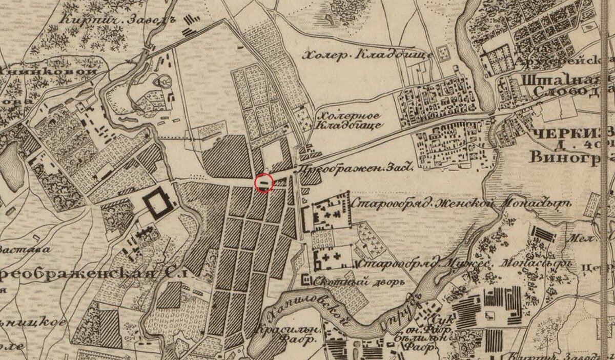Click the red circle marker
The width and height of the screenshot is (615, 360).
tap(264, 183)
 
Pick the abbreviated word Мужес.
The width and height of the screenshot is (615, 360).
tap(467, 264)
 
